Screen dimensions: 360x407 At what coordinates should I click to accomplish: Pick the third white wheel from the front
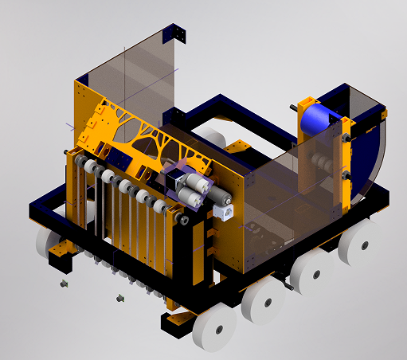pos(311,272)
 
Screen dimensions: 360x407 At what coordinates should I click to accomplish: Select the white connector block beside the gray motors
pos(224,210)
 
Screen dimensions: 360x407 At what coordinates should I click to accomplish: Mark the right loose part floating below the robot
pos(119,298)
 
